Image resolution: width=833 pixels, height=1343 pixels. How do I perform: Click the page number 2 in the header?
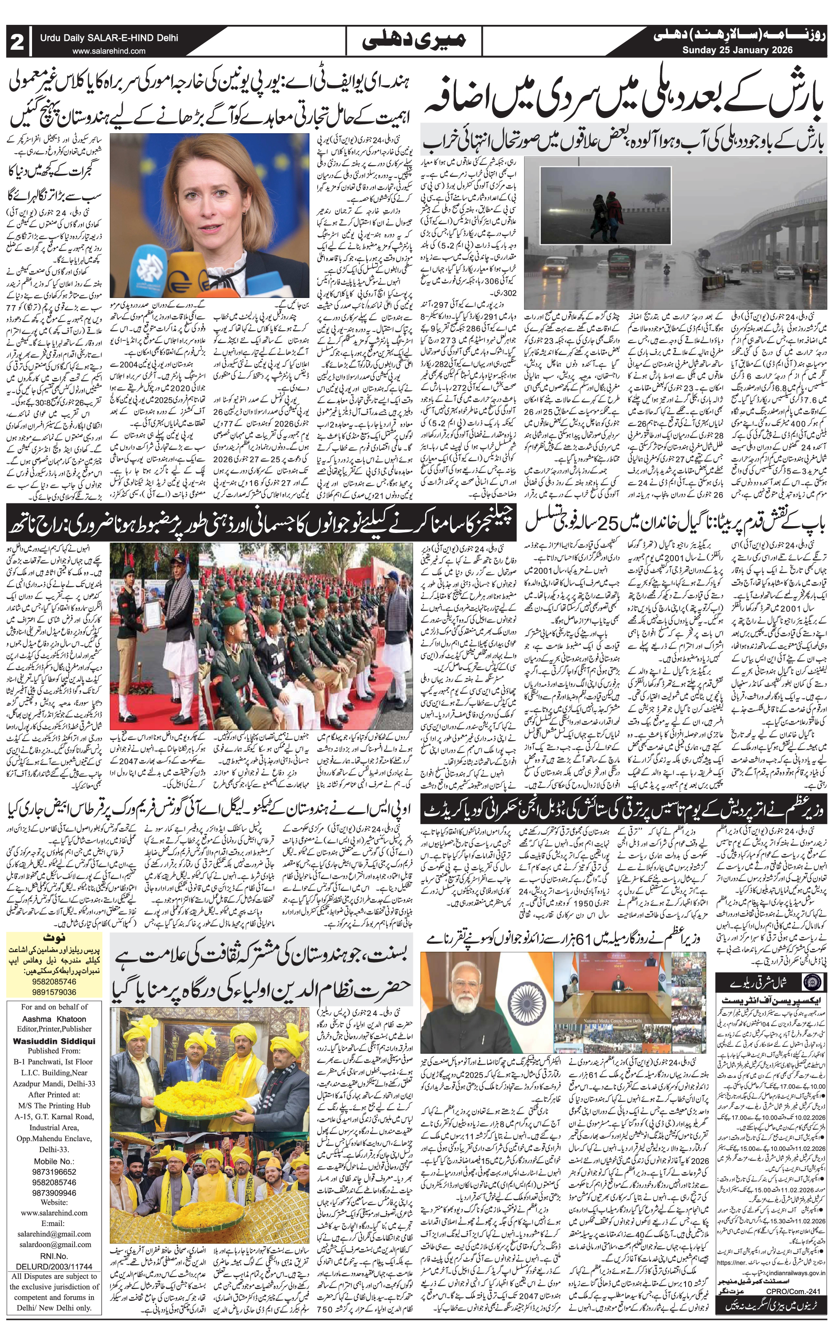click(x=16, y=43)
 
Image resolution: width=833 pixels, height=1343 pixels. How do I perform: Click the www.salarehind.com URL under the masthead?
click(x=109, y=51)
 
